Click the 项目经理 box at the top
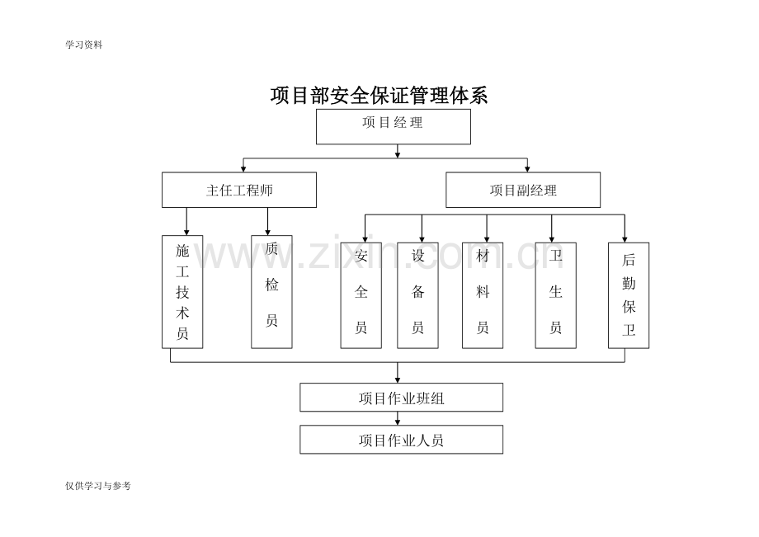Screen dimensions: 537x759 pos(394,126)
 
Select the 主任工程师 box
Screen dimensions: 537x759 pos(239,190)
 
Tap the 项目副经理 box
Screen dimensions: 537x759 pos(523,190)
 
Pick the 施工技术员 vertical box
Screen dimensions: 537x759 pos(182,291)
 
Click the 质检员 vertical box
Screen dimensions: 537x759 pos(271,291)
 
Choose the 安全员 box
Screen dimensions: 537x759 pos(361,294)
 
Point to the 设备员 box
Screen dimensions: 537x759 pos(418,294)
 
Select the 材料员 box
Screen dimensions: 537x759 pos(483,294)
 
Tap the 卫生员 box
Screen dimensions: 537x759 pos(555,294)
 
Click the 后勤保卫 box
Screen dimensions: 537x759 pos(629,294)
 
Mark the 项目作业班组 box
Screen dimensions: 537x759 pos(401,398)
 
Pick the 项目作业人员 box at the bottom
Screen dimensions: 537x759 pos(401,440)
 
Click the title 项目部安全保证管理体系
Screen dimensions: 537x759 pos(379,96)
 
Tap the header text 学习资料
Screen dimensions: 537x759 pos(83,45)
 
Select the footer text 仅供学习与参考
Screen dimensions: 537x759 pos(98,486)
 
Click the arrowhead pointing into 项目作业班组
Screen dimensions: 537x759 pos(398,379)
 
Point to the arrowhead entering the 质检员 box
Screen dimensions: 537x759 pos(268,232)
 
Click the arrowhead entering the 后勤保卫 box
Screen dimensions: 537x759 pos(625,238)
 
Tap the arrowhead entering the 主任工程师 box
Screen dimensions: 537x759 pos(243,168)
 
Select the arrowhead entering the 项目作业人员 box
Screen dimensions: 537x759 pos(398,422)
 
